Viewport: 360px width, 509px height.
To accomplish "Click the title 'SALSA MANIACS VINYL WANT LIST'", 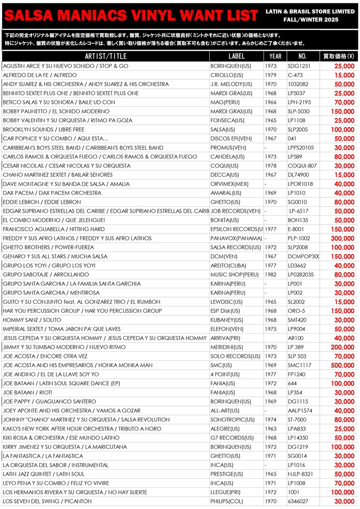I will [130, 16].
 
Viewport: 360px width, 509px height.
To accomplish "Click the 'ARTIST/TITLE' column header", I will [106, 56].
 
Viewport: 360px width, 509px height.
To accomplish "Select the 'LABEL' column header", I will [237, 56].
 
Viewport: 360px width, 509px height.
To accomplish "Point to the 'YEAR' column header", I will [275, 56].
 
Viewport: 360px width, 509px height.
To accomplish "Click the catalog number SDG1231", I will [299, 66].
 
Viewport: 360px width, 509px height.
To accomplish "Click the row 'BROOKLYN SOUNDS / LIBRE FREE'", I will [44, 130].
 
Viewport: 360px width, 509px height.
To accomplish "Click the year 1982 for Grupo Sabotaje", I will [270, 275].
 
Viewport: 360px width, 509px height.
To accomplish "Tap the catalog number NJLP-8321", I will [301, 474].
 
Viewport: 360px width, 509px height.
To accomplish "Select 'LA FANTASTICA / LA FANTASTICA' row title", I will [43, 456].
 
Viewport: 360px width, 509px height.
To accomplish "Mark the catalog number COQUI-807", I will [302, 166].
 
